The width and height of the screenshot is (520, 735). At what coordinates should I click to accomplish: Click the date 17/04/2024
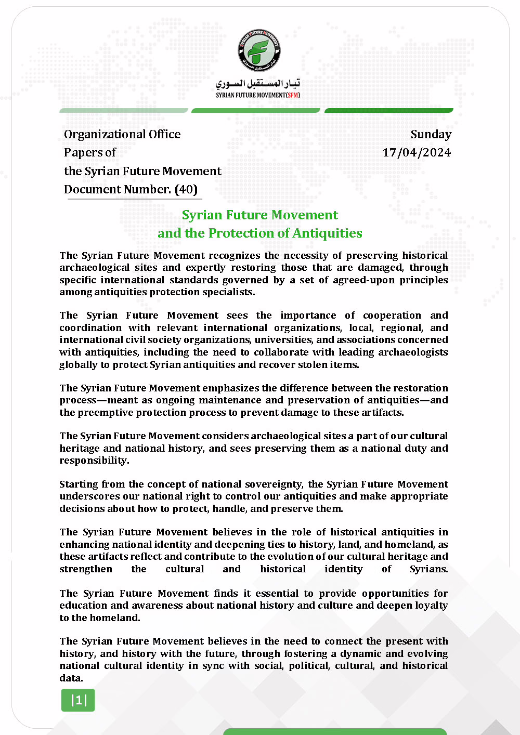coord(417,152)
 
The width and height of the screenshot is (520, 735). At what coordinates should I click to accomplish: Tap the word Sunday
coord(431,134)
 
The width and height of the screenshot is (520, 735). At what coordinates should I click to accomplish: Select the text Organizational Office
coord(122,134)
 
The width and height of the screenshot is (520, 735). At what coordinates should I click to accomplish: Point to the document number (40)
coord(186,189)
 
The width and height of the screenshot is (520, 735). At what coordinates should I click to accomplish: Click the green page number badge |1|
coord(78,700)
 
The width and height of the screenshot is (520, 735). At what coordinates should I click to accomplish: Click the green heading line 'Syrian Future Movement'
coord(259,215)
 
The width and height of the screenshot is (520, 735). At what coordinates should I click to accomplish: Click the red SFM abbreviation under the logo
coord(293,95)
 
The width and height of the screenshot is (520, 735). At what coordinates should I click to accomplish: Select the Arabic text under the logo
coord(258,84)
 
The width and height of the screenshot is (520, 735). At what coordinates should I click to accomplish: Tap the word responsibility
coord(93,460)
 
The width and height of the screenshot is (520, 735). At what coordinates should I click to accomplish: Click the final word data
coord(70,678)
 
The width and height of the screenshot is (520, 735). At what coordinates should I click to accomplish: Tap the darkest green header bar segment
coord(389,110)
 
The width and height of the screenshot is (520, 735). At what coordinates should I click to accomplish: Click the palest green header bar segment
coord(124,110)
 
